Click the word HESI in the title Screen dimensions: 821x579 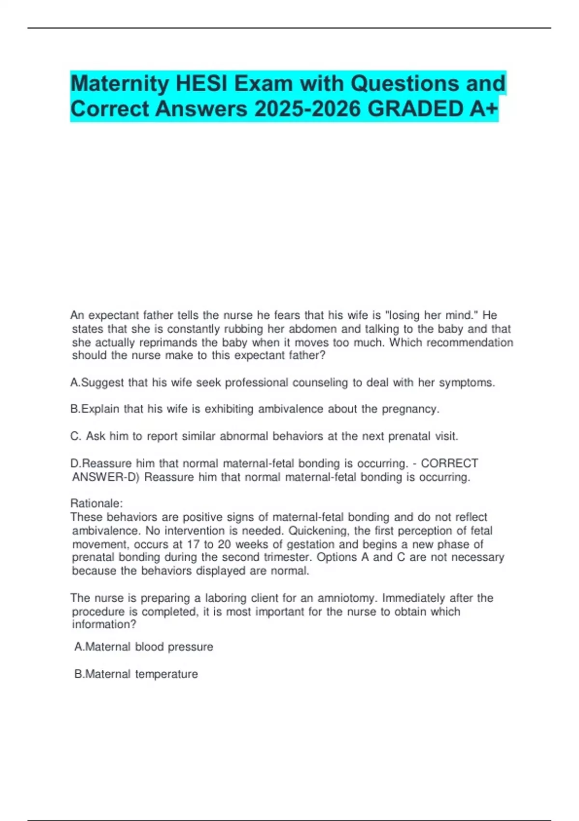point(203,84)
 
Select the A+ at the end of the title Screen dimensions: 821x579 point(483,109)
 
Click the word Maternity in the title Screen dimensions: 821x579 point(120,84)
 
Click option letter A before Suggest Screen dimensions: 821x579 point(74,383)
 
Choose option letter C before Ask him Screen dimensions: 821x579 point(75,436)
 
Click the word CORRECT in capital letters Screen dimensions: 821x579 point(450,464)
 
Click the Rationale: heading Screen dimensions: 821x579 point(96,503)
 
